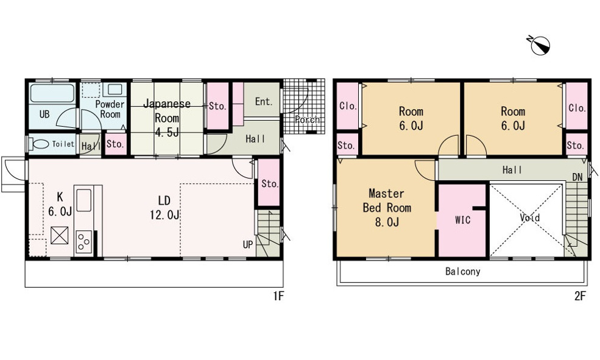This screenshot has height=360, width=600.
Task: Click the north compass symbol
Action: coord(540,44)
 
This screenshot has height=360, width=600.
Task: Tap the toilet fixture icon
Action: coord(39,144)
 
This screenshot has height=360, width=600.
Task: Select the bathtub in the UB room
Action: coord(52,93)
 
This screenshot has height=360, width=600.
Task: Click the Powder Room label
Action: coord(110,109)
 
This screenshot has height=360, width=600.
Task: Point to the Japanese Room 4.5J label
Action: coord(167,118)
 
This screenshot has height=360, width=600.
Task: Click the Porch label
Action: coord(307,119)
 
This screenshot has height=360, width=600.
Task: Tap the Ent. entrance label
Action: coord(264,101)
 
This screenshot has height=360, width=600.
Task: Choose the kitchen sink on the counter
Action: coord(84,200)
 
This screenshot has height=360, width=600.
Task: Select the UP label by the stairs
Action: coord(247,244)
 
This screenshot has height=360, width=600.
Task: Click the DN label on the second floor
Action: coord(577,177)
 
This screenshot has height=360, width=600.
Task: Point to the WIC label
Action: coord(462,220)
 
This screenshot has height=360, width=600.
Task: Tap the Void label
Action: coord(530,217)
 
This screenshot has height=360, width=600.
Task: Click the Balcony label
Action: coord(462,272)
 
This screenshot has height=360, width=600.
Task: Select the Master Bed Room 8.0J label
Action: coord(387,208)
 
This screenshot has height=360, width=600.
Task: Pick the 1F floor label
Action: coord(278,296)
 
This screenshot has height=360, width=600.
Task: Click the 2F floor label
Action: coord(580,296)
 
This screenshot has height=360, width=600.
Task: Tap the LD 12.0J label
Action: coord(164,208)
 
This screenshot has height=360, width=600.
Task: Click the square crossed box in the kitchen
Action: coord(60,235)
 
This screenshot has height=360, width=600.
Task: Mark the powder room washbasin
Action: coord(115,90)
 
